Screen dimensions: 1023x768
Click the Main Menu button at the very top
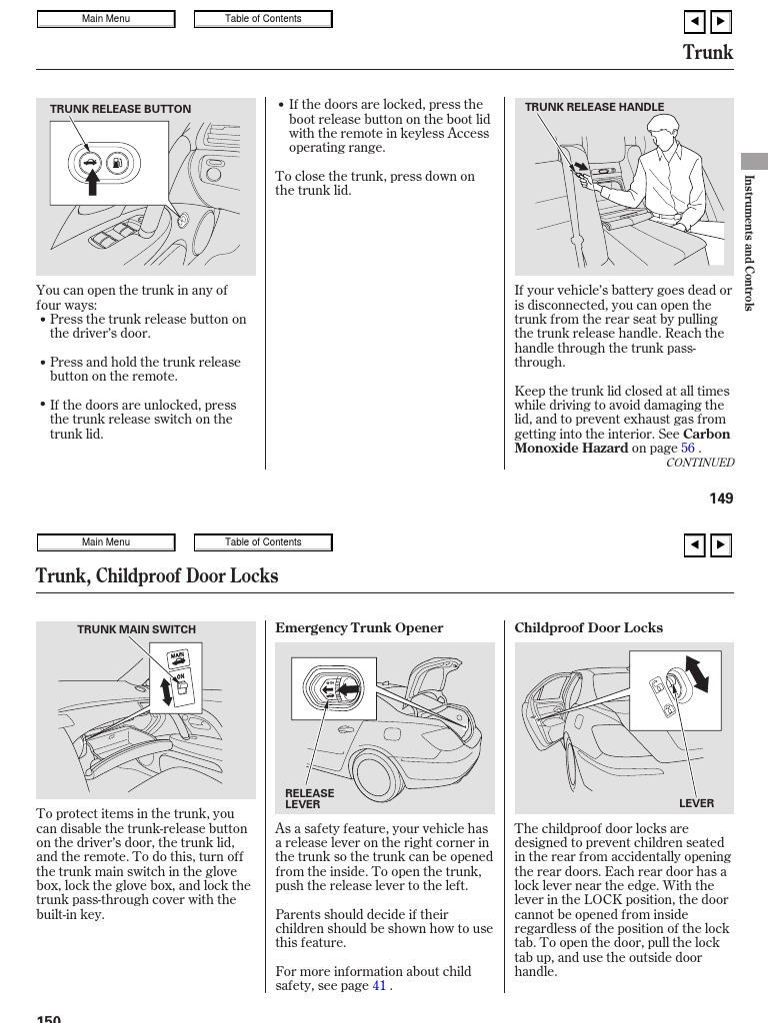tap(106, 19)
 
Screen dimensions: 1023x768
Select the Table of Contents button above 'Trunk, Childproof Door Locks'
tap(263, 542)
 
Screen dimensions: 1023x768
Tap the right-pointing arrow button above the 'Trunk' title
tap(721, 21)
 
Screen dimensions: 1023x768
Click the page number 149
tap(721, 499)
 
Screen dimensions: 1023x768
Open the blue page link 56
tap(688, 449)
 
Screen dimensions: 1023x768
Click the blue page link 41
tap(379, 986)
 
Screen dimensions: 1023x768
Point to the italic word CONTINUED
tap(700, 464)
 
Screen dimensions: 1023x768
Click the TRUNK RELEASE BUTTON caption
tap(120, 110)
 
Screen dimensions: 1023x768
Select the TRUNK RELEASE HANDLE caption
tap(594, 108)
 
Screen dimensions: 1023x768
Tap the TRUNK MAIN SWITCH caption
tap(136, 630)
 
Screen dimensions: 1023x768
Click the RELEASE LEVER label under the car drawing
tap(310, 799)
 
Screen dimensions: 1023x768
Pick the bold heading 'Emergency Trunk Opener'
tap(359, 628)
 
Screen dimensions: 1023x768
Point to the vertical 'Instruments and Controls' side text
tap(749, 243)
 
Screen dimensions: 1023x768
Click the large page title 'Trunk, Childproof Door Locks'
tap(157, 576)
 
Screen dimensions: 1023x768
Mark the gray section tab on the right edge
tap(754, 161)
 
